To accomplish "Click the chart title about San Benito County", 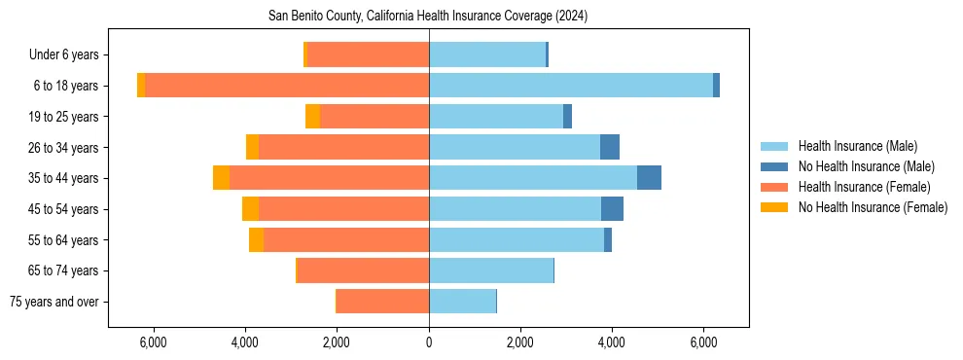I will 428,17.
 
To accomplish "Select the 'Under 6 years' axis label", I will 70,54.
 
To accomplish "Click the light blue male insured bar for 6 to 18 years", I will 570,86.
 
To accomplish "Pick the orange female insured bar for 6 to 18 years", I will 287,86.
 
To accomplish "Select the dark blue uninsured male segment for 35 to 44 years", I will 649,178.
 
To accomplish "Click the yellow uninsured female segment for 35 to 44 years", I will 222,178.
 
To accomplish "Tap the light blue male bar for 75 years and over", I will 462,302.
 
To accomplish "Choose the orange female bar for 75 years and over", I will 383,302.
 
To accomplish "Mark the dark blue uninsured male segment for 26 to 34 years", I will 610,147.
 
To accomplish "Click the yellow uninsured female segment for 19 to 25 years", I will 312,117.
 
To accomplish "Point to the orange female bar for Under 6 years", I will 368,54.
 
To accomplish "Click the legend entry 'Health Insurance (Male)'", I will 857,146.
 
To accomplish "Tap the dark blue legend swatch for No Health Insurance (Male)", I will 775,166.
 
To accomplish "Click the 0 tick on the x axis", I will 429,342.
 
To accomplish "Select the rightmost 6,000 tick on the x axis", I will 703,342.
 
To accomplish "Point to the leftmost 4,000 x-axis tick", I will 245,342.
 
